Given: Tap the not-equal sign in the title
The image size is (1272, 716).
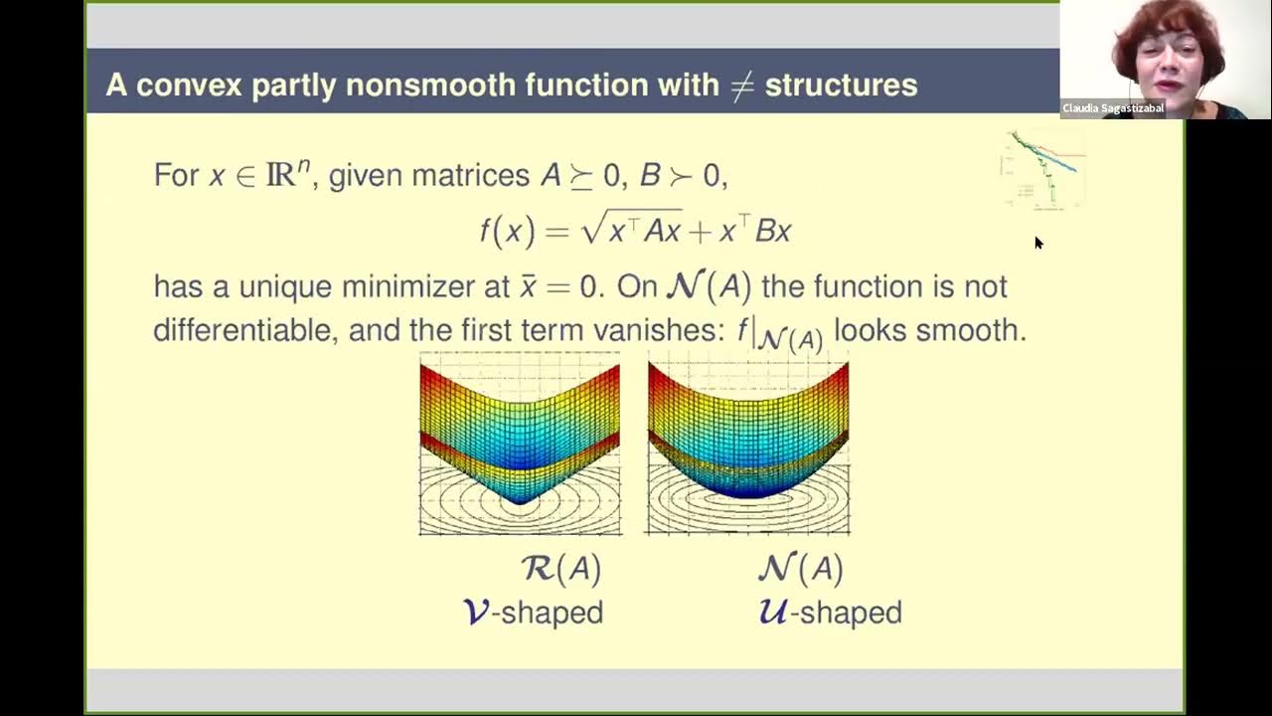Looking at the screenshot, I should pyautogui.click(x=741, y=86).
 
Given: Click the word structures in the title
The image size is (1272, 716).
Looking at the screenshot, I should pyautogui.click(x=841, y=85).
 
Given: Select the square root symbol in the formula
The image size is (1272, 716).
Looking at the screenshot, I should pyautogui.click(x=592, y=229).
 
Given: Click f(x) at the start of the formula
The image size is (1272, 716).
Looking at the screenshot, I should pyautogui.click(x=507, y=232).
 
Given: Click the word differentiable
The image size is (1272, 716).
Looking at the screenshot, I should pyautogui.click(x=245, y=330).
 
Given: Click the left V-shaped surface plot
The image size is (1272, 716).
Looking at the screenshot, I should pyautogui.click(x=520, y=443).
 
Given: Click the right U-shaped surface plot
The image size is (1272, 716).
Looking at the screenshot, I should pyautogui.click(x=748, y=443).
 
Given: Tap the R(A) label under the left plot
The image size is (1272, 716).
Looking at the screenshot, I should pyautogui.click(x=561, y=568).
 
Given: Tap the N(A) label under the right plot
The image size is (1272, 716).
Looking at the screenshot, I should pyautogui.click(x=801, y=568).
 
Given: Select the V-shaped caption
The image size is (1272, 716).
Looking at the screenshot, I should pyautogui.click(x=534, y=612).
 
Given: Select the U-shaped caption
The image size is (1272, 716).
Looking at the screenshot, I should pyautogui.click(x=830, y=612).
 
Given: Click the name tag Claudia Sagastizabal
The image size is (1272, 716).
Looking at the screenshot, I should pyautogui.click(x=1113, y=108).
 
